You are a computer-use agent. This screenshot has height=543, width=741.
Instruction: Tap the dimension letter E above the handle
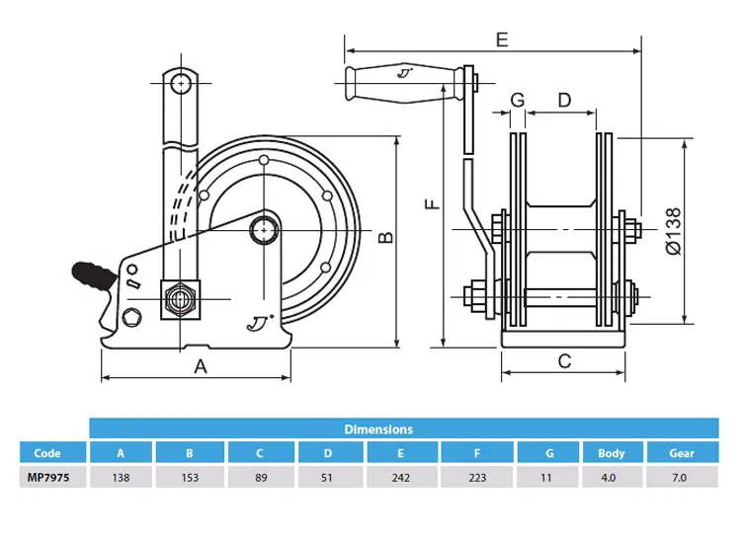[501, 39]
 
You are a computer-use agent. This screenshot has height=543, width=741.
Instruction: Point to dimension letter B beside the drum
[386, 236]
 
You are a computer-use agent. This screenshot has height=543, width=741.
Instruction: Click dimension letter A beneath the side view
[200, 366]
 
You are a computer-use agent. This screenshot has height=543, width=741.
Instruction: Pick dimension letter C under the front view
[564, 361]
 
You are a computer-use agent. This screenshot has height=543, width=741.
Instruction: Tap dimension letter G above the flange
[517, 100]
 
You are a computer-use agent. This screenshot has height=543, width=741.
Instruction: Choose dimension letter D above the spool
[564, 100]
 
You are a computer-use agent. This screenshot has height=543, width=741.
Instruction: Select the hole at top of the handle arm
[181, 82]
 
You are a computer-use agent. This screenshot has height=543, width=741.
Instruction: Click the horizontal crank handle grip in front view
[400, 83]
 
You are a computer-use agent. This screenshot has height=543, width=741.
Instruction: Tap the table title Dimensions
[378, 429]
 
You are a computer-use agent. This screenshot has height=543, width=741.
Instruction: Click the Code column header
[47, 453]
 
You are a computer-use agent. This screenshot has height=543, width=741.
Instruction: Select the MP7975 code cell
[47, 477]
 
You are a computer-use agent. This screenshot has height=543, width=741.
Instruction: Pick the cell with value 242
[402, 477]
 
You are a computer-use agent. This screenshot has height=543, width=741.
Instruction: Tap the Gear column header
[682, 453]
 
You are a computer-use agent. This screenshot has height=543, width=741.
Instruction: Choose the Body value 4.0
[611, 477]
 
